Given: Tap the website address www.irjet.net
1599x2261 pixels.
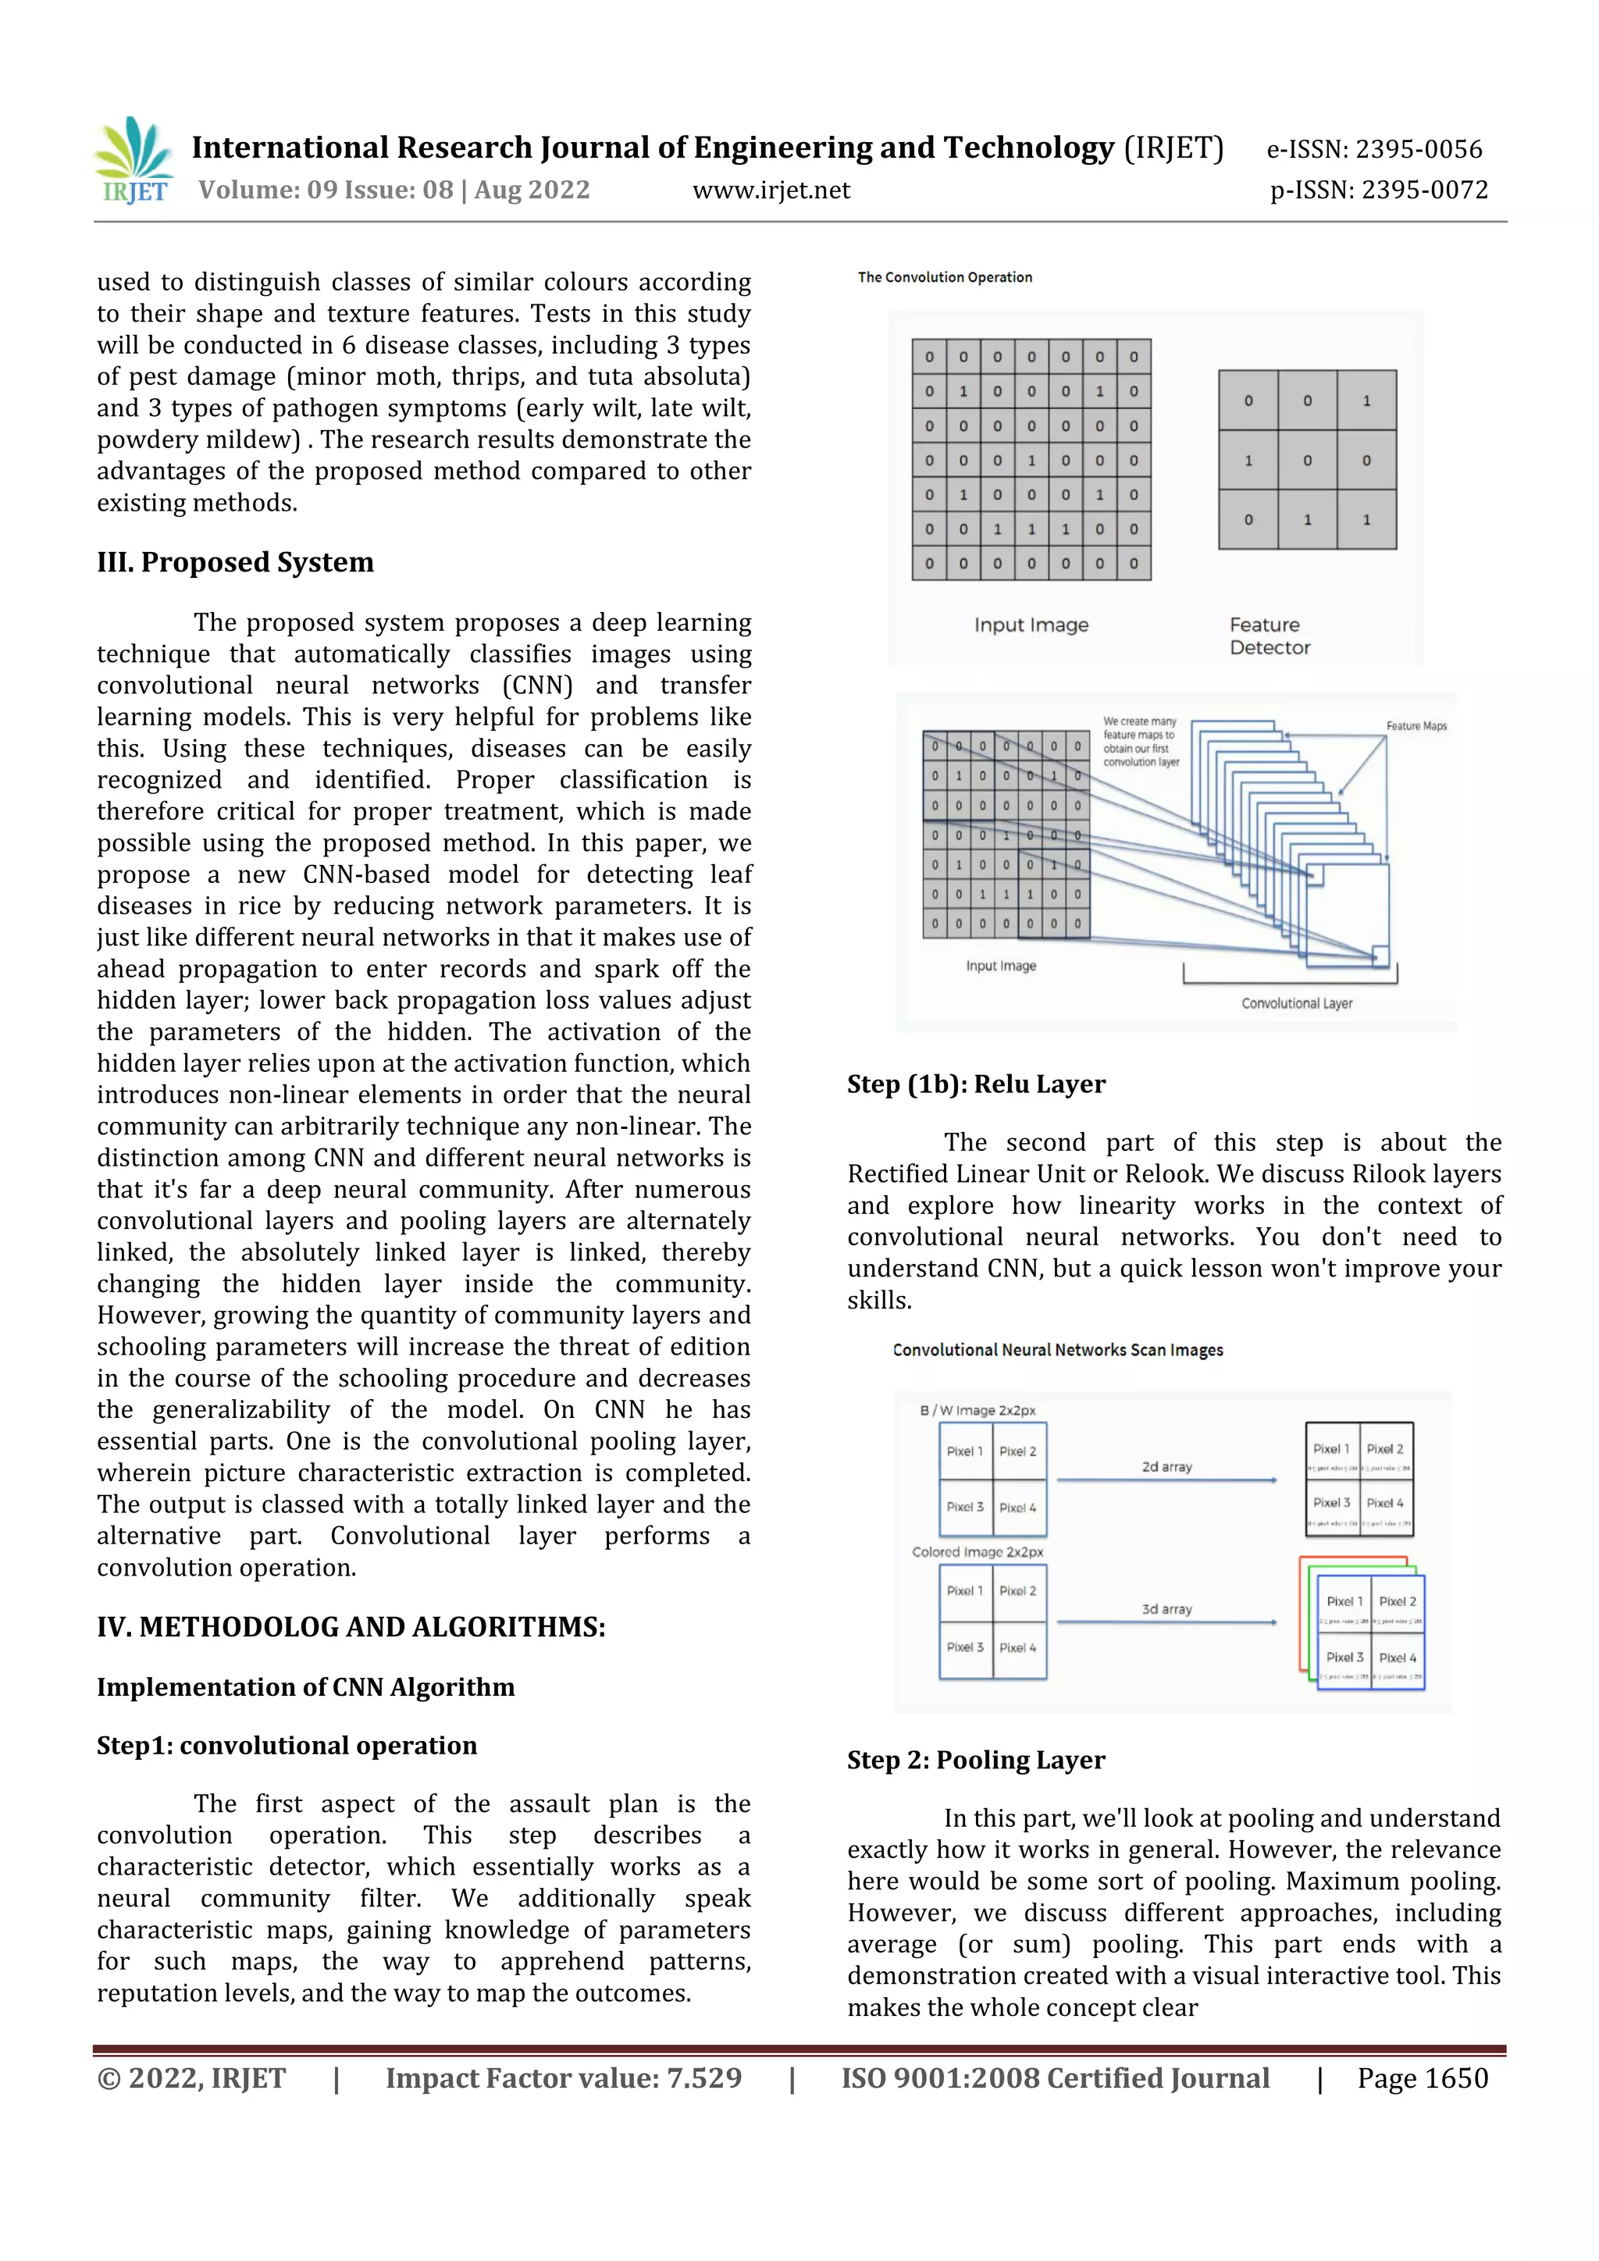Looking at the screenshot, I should [771, 190].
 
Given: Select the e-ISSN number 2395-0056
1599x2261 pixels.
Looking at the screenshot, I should [1418, 150].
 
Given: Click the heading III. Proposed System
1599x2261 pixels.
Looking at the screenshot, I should [235, 562].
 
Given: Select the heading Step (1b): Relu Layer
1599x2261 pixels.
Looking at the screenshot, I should [976, 1084].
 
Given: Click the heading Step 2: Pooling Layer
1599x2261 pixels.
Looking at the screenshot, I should [976, 1760].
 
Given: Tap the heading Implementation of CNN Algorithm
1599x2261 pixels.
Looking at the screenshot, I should [305, 1687].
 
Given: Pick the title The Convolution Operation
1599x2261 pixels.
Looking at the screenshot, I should [944, 278].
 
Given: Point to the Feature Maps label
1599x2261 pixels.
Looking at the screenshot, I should [1416, 726].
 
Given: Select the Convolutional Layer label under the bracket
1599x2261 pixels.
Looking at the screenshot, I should [1296, 1003].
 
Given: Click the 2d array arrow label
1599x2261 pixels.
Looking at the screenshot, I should [1166, 1467].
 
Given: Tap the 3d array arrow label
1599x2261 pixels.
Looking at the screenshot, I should [1166, 1609].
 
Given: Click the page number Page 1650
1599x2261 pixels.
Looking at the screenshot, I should [1422, 2078].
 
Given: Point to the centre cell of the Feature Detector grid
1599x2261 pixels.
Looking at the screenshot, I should [1306, 460].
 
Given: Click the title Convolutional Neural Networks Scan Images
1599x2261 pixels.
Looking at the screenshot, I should [1057, 1350].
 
